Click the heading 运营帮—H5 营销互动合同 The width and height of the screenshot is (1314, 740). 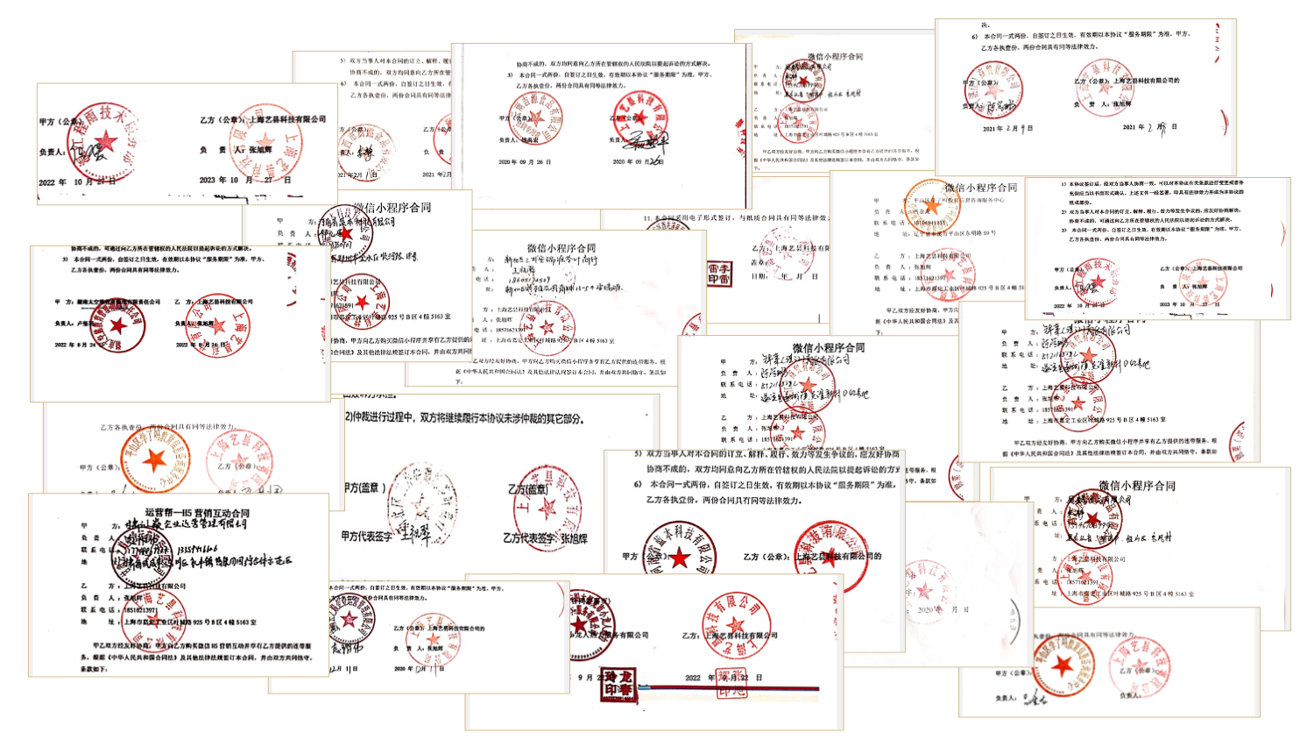(x=197, y=513)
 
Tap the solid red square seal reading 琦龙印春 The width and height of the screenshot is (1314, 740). (x=618, y=684)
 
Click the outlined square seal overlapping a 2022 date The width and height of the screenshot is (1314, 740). (x=732, y=682)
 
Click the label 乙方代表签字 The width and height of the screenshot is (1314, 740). (x=531, y=538)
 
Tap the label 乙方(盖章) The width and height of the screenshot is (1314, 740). (x=527, y=489)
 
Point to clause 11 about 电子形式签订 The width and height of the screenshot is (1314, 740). (x=736, y=218)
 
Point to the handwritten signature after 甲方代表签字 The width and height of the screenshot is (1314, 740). (x=419, y=533)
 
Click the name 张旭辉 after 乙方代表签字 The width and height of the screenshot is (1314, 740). (x=575, y=538)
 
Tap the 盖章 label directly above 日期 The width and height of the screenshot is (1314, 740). (x=759, y=261)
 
